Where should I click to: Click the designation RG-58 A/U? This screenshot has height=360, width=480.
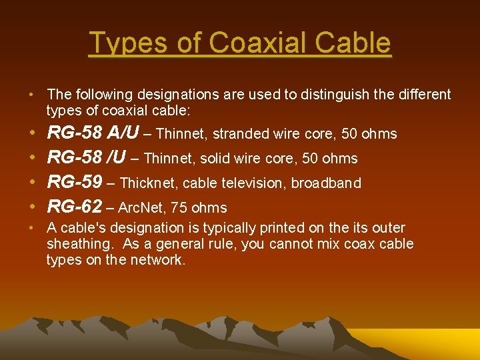pos(93,133)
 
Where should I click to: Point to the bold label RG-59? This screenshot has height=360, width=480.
pos(75,183)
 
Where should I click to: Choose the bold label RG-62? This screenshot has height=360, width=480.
pos(75,207)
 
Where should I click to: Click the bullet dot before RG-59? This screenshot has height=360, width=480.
pos(33,183)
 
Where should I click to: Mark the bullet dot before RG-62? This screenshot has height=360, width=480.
pos(33,207)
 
